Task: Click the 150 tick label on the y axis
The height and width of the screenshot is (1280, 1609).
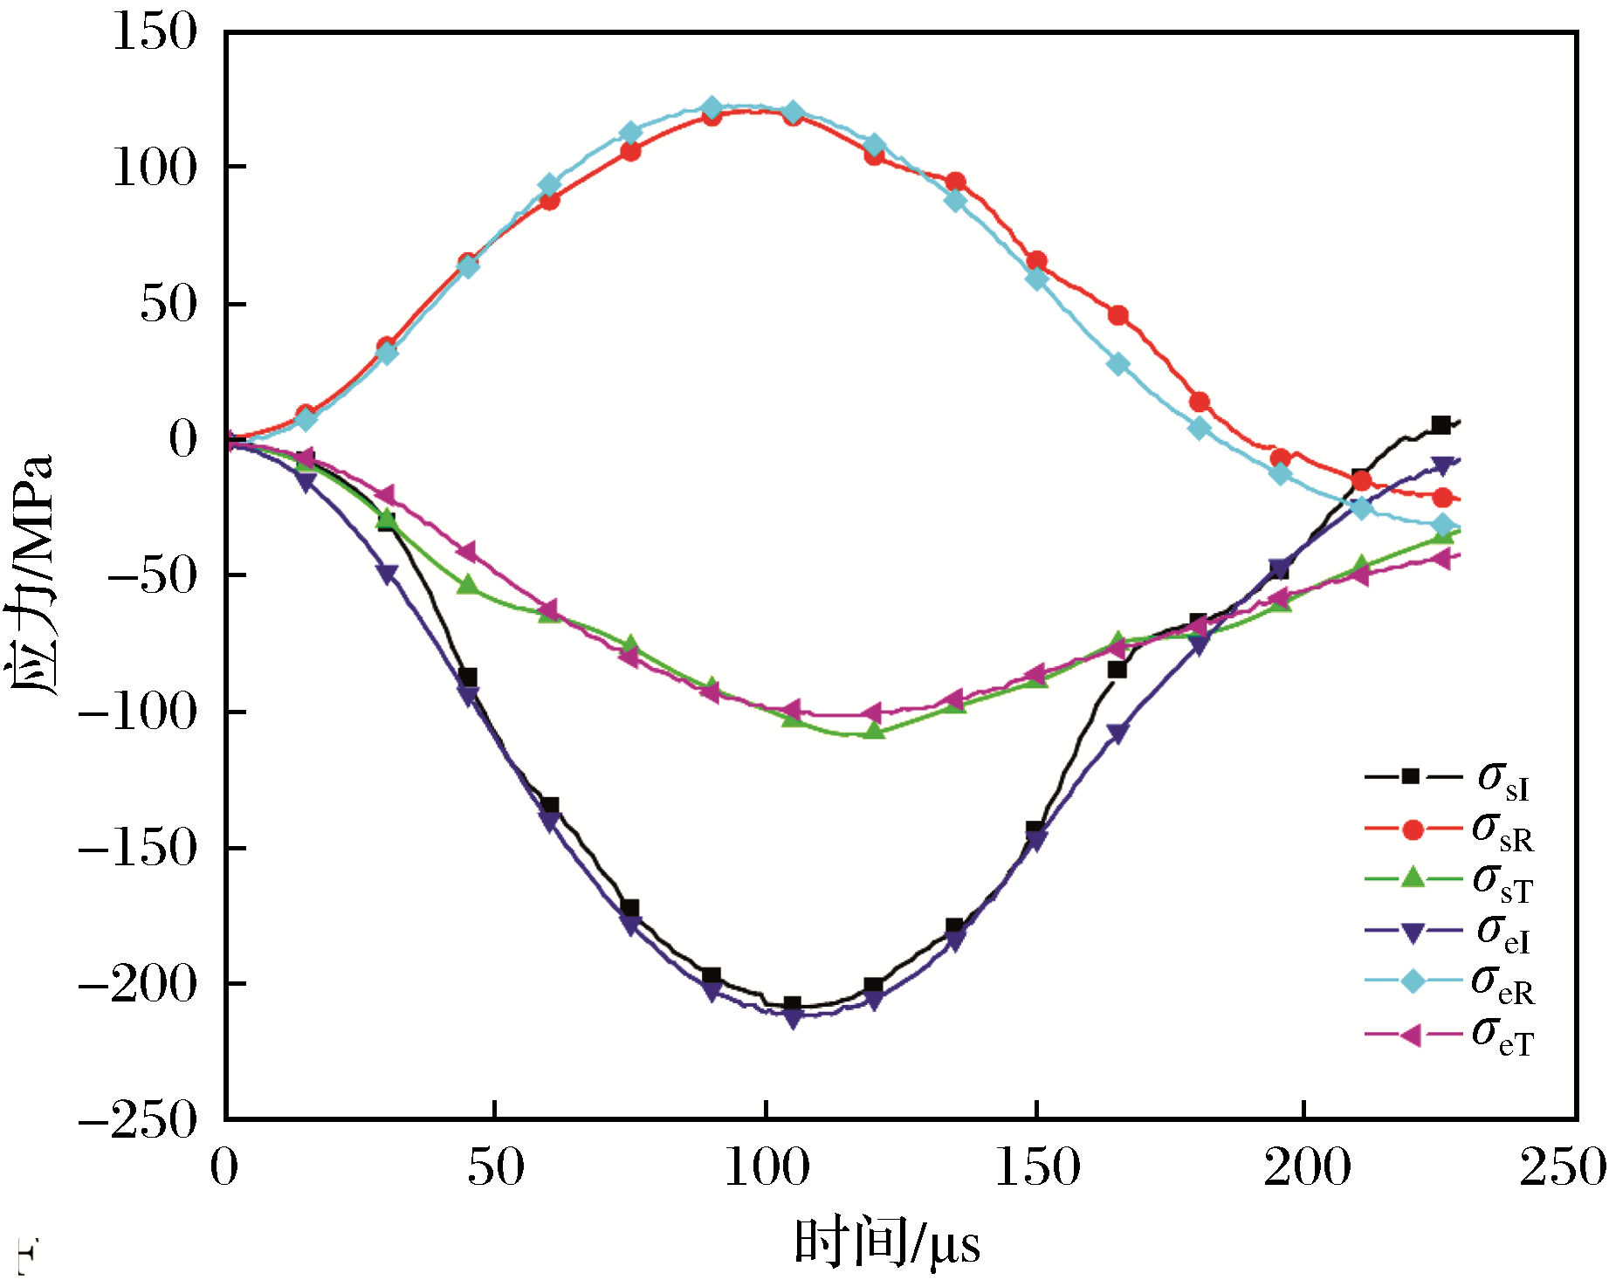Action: tap(155, 32)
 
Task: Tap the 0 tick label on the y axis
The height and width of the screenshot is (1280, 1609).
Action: tap(182, 438)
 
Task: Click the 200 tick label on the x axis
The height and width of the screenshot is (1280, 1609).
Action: tap(1307, 1168)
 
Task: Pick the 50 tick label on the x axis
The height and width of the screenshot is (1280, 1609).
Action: tap(495, 1168)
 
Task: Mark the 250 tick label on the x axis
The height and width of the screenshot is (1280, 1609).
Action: tap(1563, 1168)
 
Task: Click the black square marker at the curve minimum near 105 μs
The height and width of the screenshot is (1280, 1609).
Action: tap(792, 1005)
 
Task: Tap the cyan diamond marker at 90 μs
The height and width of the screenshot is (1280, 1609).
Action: tap(712, 108)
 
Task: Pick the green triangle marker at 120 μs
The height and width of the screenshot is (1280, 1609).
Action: tap(874, 730)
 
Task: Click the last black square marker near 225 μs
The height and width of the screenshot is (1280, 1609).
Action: tap(1441, 425)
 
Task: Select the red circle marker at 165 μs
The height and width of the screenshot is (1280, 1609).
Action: tap(1117, 315)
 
